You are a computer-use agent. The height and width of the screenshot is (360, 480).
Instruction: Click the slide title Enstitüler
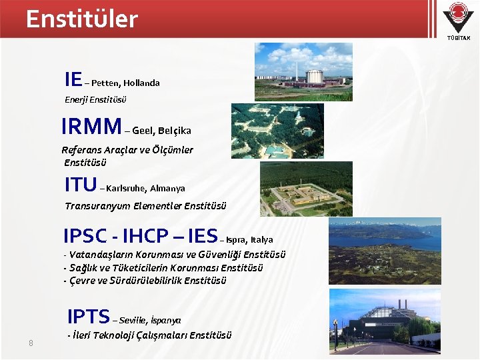click(81, 19)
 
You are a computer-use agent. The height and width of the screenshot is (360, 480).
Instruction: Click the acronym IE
click(73, 80)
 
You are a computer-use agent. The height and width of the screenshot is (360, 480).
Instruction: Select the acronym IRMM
click(91, 127)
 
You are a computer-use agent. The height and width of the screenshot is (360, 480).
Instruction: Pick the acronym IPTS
click(88, 315)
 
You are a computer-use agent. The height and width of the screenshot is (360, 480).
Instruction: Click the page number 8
click(31, 343)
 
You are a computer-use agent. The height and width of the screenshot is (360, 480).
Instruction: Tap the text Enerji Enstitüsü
click(95, 100)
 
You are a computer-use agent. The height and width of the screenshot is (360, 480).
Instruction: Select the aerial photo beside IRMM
click(277, 131)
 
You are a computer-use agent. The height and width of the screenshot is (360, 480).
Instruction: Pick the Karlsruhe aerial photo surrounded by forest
click(306, 187)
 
